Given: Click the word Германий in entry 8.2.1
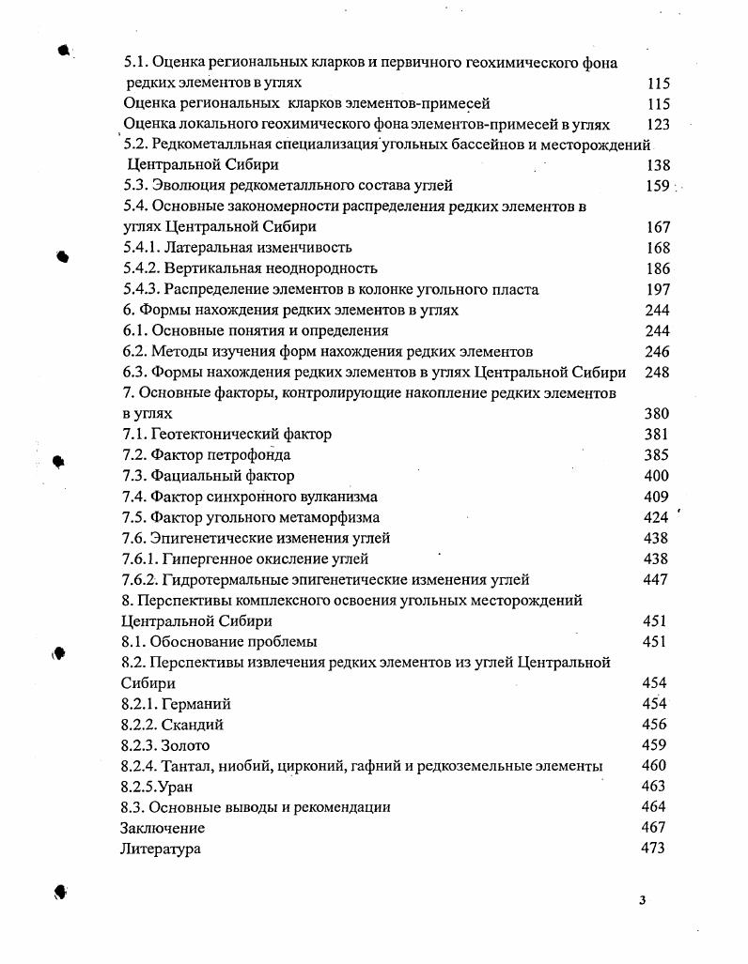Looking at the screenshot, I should pos(196,704).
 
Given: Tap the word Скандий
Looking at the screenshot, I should pos(193,725).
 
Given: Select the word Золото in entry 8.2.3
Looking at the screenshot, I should pos(186,745).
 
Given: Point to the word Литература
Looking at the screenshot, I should pos(160,849).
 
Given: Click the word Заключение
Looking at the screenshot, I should pos(162,828).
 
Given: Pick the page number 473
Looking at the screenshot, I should pos(653,849).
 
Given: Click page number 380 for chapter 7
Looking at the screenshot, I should pos(656,414).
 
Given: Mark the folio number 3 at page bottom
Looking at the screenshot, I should pos(642,901).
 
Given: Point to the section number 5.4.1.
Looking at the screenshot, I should pos(142,248).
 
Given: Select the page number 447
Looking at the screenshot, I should pos(656,580).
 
